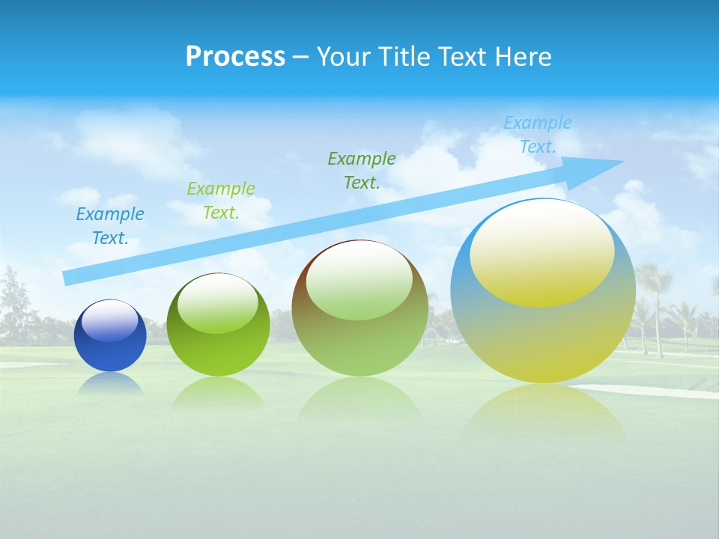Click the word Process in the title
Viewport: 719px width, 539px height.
[235, 57]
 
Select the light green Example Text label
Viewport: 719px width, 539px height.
[221, 201]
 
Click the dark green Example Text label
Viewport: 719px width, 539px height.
[362, 170]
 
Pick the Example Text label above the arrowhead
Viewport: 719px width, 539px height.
[538, 135]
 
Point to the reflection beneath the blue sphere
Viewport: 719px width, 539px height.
[110, 383]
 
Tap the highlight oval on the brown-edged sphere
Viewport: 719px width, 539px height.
[359, 281]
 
